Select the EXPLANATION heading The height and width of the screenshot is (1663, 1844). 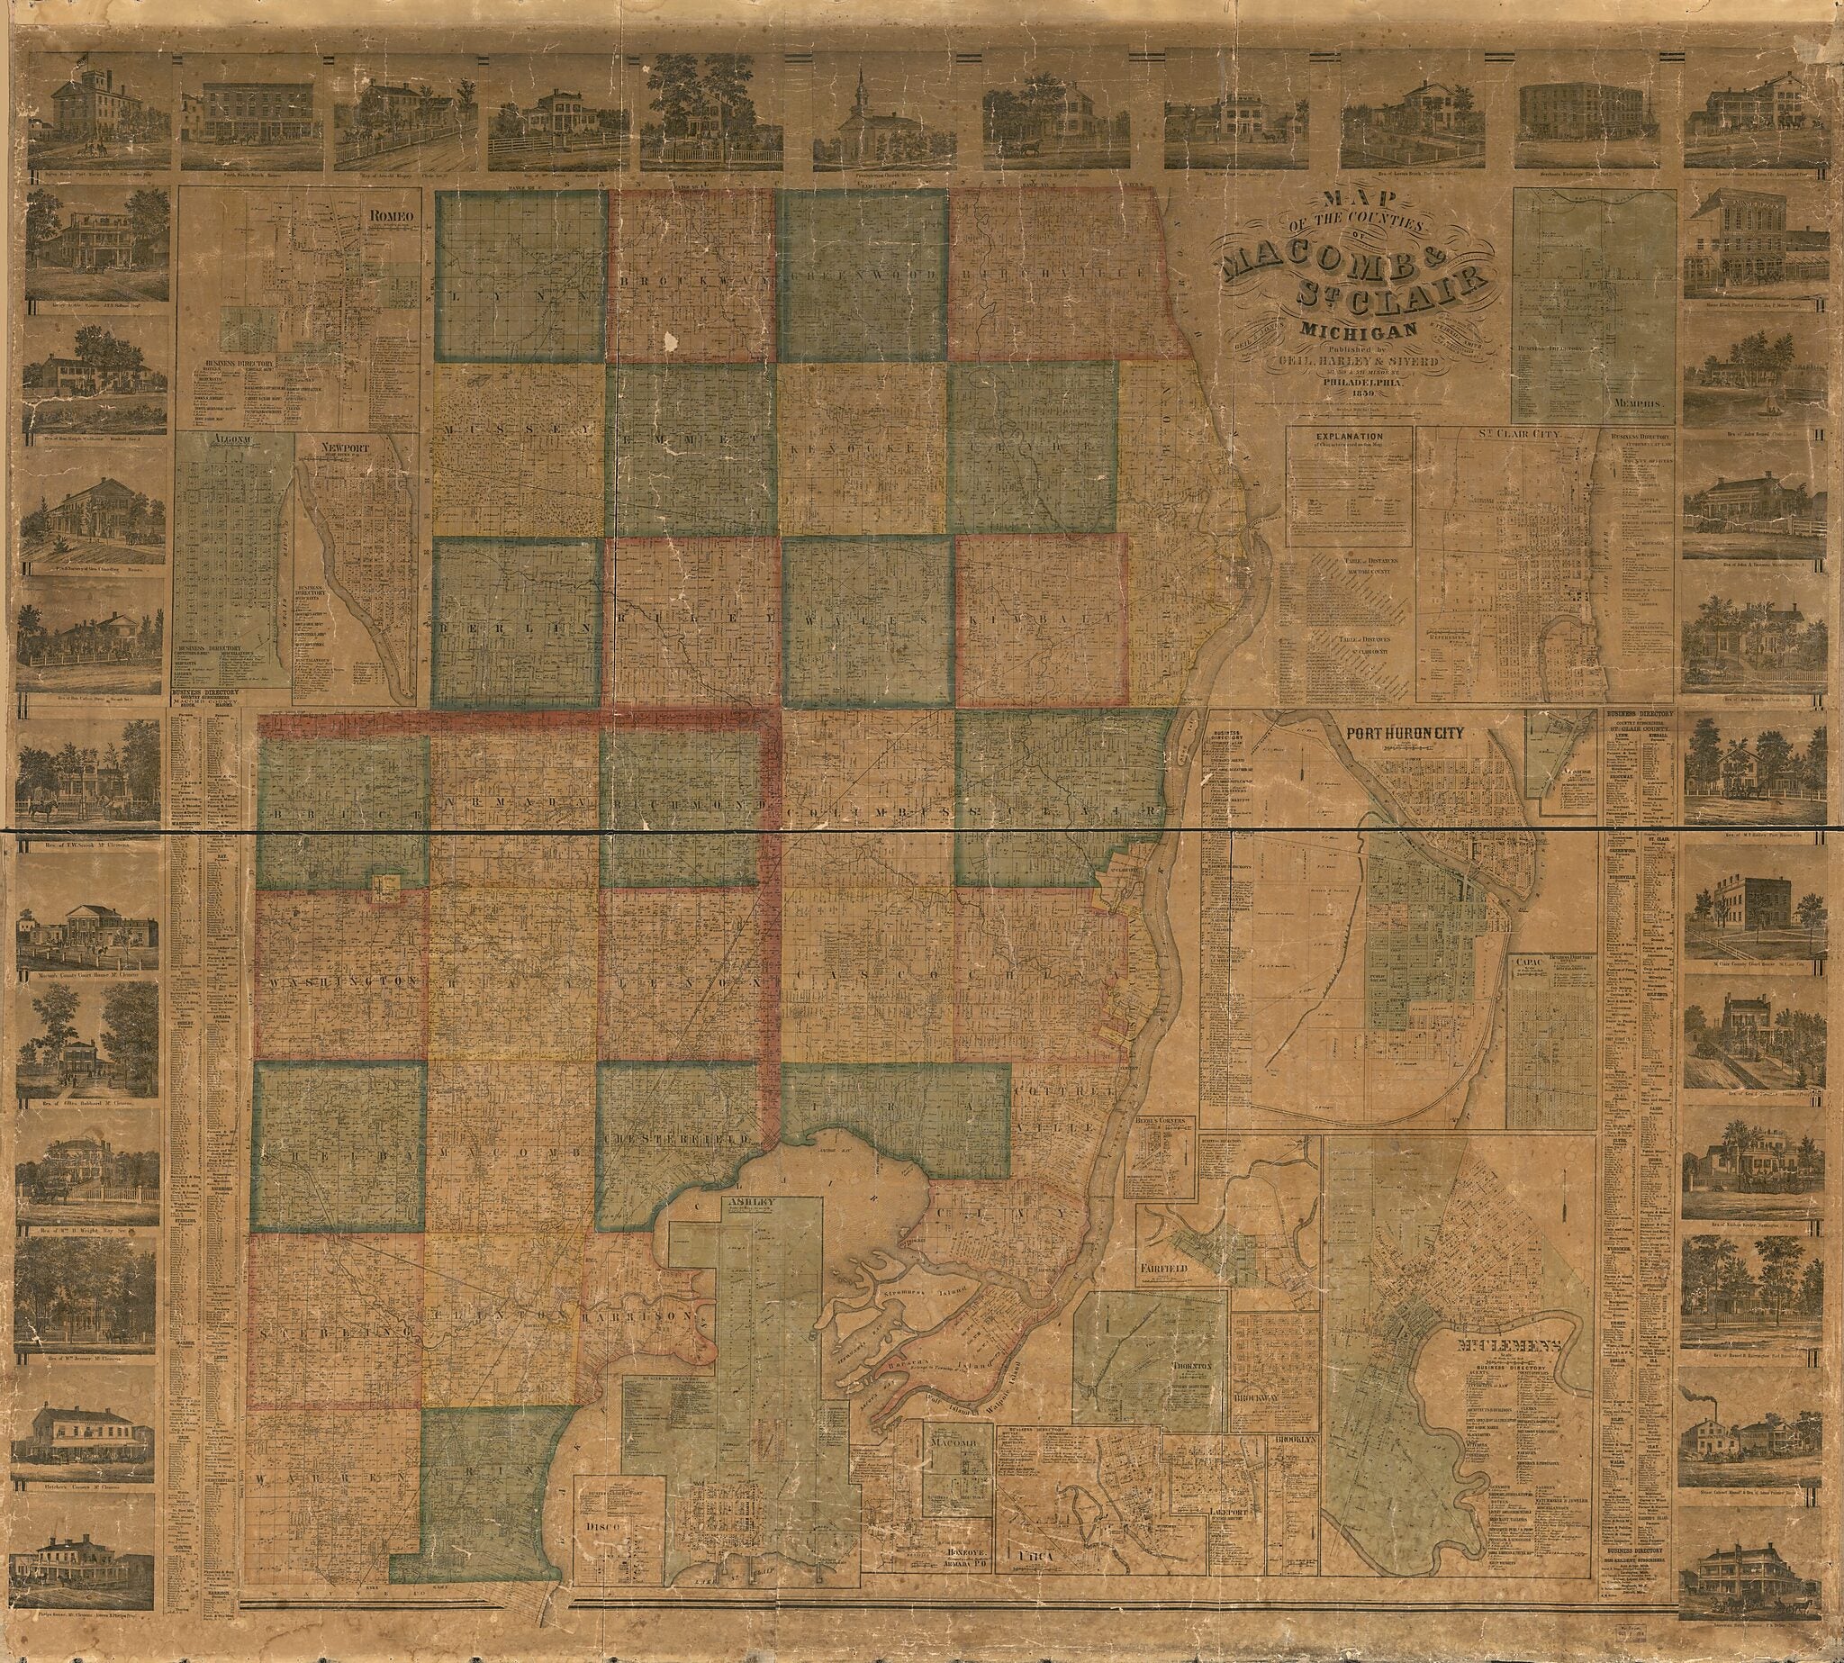1349,437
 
